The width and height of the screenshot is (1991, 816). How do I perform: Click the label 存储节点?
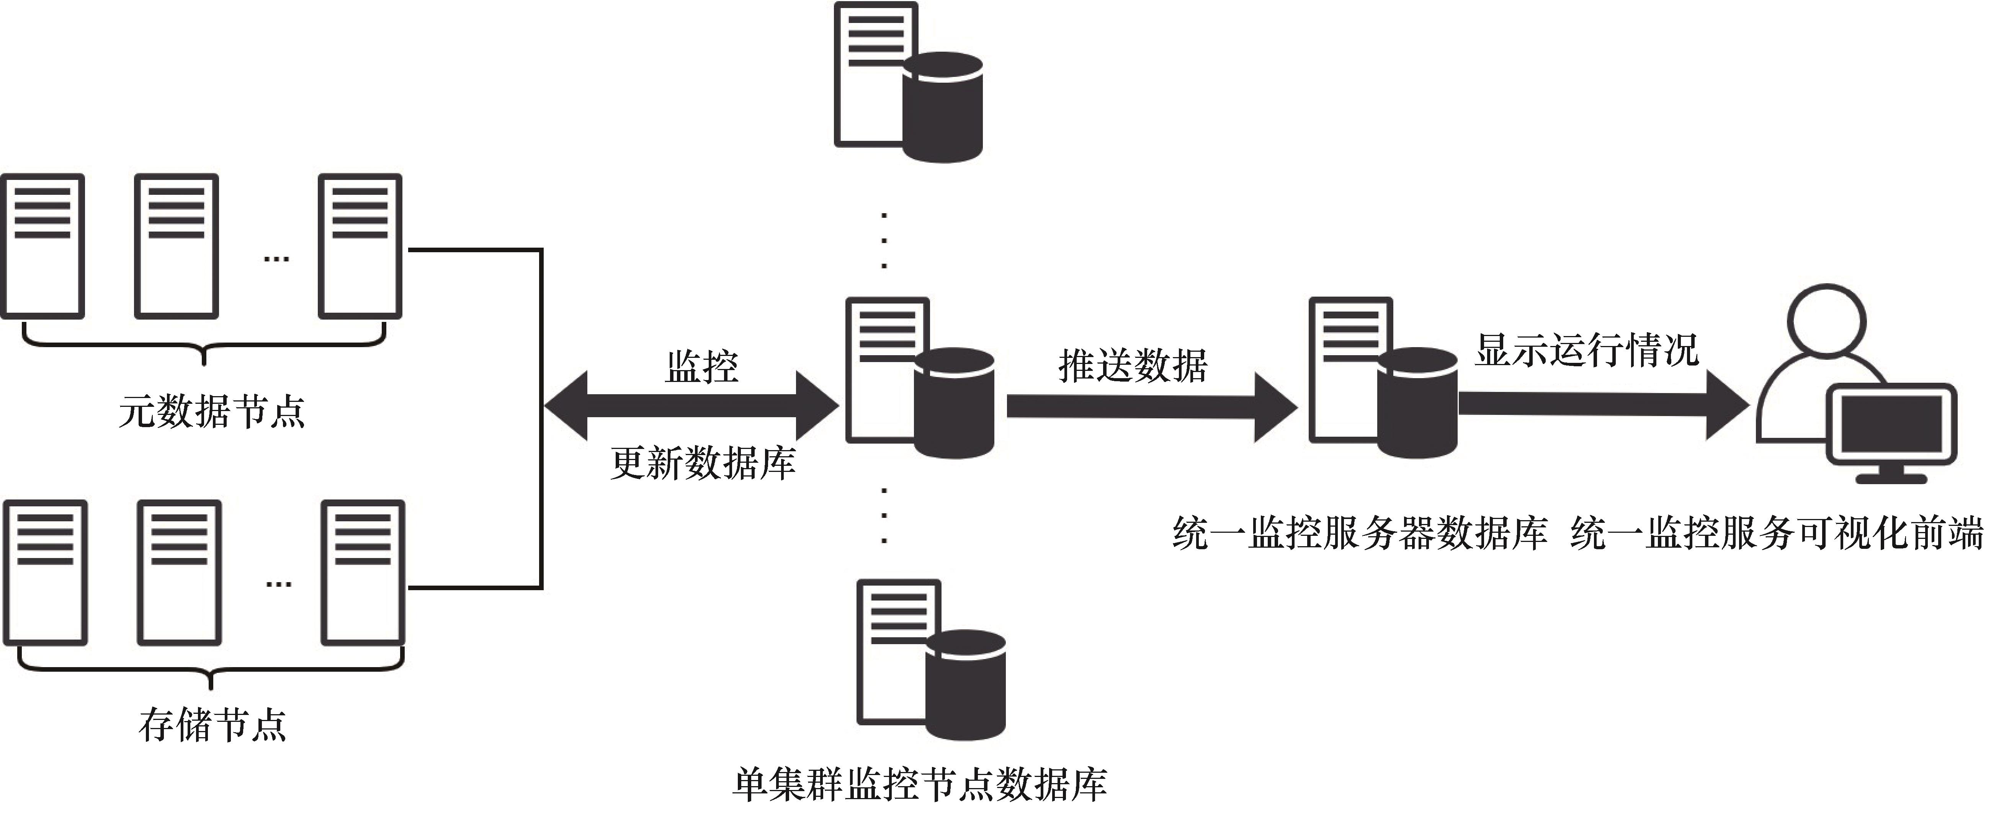click(213, 725)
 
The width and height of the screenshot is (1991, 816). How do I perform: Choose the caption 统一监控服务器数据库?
click(1360, 533)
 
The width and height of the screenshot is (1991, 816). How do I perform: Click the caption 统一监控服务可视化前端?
click(1776, 533)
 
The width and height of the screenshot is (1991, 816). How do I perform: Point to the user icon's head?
click(1827, 319)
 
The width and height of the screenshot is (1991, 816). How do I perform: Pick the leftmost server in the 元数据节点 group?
click(43, 246)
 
